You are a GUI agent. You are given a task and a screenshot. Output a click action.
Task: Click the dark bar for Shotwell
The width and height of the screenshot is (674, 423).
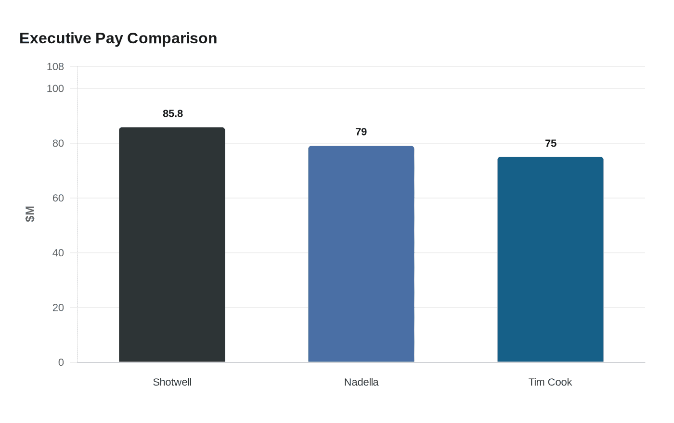(x=172, y=245)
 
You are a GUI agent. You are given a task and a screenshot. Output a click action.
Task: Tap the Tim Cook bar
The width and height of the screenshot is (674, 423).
(x=550, y=260)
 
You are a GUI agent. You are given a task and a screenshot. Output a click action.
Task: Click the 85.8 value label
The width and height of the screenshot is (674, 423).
(x=173, y=114)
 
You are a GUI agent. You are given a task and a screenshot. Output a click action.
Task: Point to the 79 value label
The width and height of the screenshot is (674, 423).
(x=361, y=132)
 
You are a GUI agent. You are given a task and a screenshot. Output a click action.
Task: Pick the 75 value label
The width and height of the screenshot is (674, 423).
(x=551, y=144)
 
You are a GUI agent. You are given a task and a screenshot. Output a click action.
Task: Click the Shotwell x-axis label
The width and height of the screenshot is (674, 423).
(x=172, y=382)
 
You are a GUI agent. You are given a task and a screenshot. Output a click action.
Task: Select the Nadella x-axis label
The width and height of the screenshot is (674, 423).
(x=361, y=382)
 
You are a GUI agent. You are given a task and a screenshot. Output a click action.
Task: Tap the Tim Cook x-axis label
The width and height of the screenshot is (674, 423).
(x=550, y=382)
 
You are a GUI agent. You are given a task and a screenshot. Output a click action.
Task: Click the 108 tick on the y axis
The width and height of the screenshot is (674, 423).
(x=55, y=67)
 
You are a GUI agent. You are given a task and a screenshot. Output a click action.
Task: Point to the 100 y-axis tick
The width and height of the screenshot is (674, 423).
(x=55, y=89)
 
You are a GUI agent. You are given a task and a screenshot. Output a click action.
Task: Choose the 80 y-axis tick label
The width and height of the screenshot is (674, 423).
(x=58, y=143)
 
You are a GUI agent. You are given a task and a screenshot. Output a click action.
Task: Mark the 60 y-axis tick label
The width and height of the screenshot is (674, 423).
(x=58, y=198)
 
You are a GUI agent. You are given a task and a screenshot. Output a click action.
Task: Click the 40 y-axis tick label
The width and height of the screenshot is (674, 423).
(x=58, y=253)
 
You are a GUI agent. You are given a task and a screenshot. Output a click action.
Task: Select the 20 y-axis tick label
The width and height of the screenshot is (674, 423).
(x=58, y=308)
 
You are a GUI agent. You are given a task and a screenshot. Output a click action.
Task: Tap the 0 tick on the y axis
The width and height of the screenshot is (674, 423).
(x=61, y=362)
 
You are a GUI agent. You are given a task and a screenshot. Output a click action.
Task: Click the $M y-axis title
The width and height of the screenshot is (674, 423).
(x=30, y=214)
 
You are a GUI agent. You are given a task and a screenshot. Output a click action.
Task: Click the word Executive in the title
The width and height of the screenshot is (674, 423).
(x=55, y=38)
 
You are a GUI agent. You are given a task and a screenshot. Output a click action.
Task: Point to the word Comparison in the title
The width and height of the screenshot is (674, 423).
(x=172, y=38)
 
